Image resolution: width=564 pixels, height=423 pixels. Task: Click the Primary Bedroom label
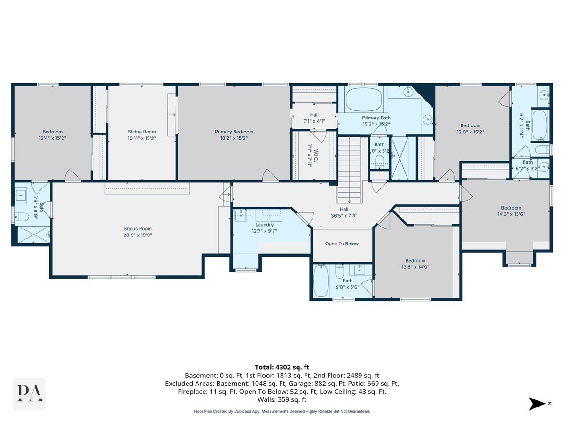click(x=234, y=132)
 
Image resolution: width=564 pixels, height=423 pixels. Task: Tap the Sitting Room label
click(x=141, y=132)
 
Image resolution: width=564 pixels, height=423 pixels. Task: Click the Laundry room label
click(x=264, y=225)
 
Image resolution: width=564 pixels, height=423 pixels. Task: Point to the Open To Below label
click(x=342, y=243)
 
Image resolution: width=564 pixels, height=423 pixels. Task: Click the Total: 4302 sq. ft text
click(x=282, y=367)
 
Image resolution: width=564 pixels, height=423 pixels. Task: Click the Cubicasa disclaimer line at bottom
click(x=282, y=411)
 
